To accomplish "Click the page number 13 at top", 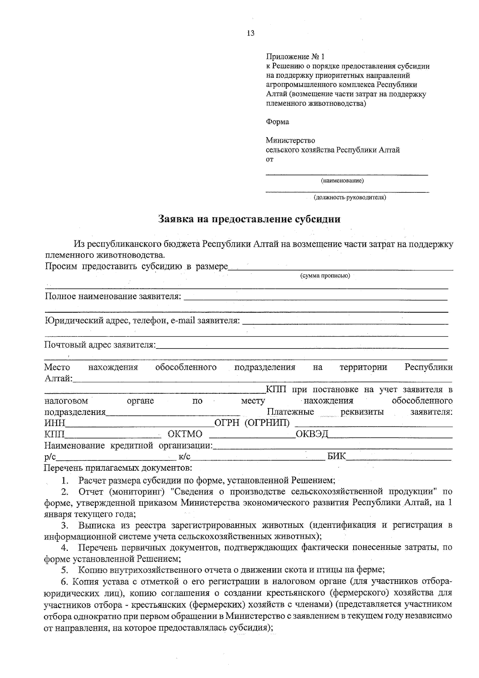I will coord(251,33).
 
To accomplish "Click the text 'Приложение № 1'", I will coord(295,57).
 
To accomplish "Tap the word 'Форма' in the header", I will coord(277,122).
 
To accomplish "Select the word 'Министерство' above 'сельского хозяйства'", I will coord(290,141).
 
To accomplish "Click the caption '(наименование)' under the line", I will coord(342,181).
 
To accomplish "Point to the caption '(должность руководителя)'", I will coord(350,197).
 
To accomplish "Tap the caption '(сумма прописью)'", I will coord(325,276).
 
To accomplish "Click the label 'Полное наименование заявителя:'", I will coord(113,297).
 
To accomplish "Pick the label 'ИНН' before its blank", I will coord(54,423).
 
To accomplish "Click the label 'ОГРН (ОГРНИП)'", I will coord(252,423).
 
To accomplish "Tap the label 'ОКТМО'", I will coord(185,434).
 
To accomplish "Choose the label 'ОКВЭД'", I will coord(312,434).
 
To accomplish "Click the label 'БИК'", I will coord(336,456).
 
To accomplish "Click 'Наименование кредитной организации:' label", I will coord(128,445).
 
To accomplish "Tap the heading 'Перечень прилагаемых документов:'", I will coord(118,467).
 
